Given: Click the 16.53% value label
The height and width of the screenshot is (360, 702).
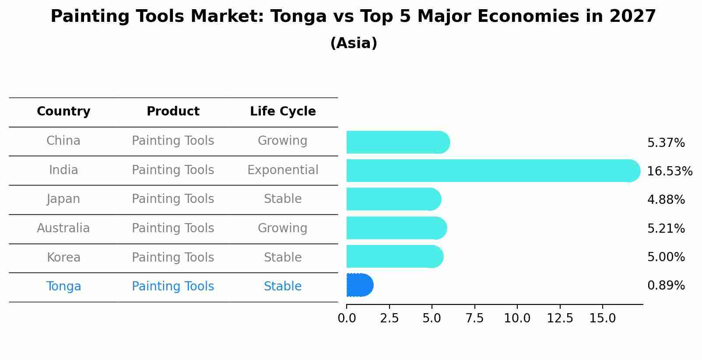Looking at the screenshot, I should tap(669, 171).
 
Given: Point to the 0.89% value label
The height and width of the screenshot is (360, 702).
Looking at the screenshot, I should tap(666, 286).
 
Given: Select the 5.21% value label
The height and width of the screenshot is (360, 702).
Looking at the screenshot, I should tap(666, 228).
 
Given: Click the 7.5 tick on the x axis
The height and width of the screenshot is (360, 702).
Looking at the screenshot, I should tap(474, 318).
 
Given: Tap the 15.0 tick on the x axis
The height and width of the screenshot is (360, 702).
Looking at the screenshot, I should tap(602, 318).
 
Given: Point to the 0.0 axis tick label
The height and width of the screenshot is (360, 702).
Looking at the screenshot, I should tap(347, 318).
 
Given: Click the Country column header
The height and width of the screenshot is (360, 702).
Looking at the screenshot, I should tap(63, 112).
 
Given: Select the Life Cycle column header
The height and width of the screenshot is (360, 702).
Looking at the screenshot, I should tap(283, 112).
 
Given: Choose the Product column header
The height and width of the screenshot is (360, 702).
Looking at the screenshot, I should tap(173, 112).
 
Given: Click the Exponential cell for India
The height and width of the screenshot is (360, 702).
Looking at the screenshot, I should tap(283, 170).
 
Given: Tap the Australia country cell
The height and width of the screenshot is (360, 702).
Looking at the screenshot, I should tap(63, 228).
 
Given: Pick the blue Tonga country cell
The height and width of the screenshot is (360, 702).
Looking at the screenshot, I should tap(63, 287).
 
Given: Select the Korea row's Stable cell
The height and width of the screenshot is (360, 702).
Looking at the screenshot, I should tap(283, 258).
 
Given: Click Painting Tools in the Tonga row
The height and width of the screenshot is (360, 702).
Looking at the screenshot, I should tap(173, 287).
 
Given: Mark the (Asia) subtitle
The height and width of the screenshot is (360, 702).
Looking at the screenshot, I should tap(354, 43).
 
